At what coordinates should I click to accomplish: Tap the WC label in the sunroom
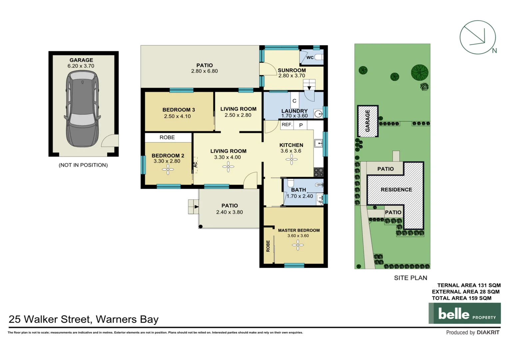pyautogui.click(x=310, y=57)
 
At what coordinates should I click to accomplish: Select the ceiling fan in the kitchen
pyautogui.click(x=291, y=160)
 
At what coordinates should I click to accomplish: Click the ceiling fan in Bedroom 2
pyautogui.click(x=168, y=170)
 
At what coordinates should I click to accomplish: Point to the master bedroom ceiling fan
pyautogui.click(x=298, y=245)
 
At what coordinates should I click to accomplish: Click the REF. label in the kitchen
pyautogui.click(x=287, y=125)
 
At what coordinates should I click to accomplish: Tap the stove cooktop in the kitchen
pyautogui.click(x=318, y=172)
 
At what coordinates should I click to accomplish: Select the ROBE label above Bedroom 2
pyautogui.click(x=167, y=137)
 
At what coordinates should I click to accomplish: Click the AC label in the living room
pyautogui.click(x=196, y=165)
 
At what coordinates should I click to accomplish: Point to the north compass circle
pyautogui.click(x=477, y=37)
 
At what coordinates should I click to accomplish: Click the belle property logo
pyautogui.click(x=464, y=313)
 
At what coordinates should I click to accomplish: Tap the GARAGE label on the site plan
pyautogui.click(x=367, y=121)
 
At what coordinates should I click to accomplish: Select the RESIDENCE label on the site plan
pyautogui.click(x=396, y=190)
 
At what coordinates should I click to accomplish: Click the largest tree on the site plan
pyautogui.click(x=419, y=72)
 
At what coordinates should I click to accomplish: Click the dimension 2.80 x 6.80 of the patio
pyautogui.click(x=204, y=71)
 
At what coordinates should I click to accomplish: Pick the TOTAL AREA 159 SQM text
pyautogui.click(x=461, y=298)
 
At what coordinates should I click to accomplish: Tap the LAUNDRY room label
pyautogui.click(x=294, y=111)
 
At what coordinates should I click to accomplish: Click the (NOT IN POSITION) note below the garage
pyautogui.click(x=83, y=165)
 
